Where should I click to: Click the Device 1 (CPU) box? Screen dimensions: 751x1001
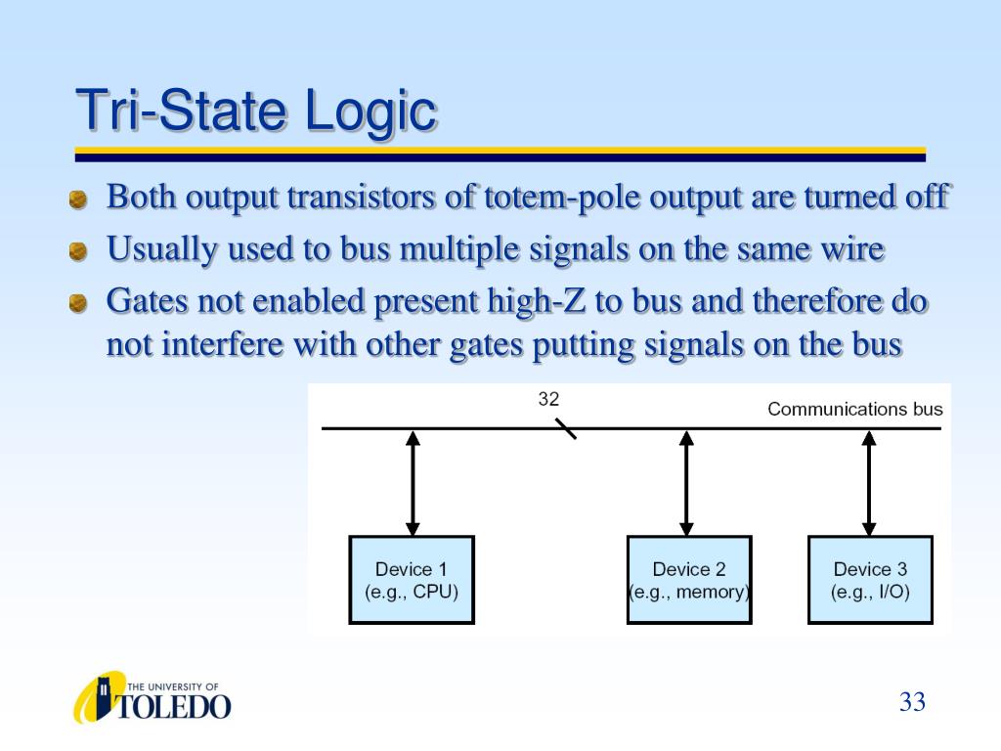coord(412,580)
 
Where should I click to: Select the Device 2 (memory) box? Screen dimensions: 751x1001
coord(689,580)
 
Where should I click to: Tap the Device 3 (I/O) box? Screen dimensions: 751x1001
coord(870,580)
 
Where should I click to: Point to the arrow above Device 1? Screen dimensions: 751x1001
coord(413,483)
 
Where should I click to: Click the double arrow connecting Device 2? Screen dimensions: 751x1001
coord(687,483)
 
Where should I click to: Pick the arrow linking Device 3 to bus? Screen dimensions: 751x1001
coord(869,483)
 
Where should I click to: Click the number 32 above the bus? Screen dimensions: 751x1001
coord(548,399)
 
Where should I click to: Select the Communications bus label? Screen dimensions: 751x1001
coord(854,409)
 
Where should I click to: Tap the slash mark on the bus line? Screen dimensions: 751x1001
coord(566,429)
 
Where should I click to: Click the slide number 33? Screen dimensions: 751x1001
coord(912,702)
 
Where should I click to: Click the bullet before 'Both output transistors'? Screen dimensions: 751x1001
coord(78,200)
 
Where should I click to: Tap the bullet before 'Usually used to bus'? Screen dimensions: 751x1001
coord(78,252)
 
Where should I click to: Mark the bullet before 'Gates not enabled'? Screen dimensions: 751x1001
coord(78,303)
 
